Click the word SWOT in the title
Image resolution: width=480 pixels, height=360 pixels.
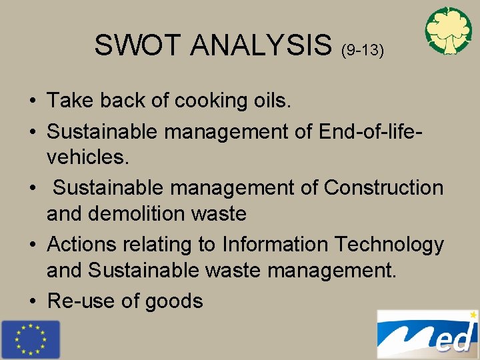coord(138,45)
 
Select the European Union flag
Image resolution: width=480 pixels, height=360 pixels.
coord(30,339)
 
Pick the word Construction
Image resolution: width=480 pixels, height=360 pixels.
coord(383,188)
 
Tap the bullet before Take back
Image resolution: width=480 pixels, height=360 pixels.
coord(32,101)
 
